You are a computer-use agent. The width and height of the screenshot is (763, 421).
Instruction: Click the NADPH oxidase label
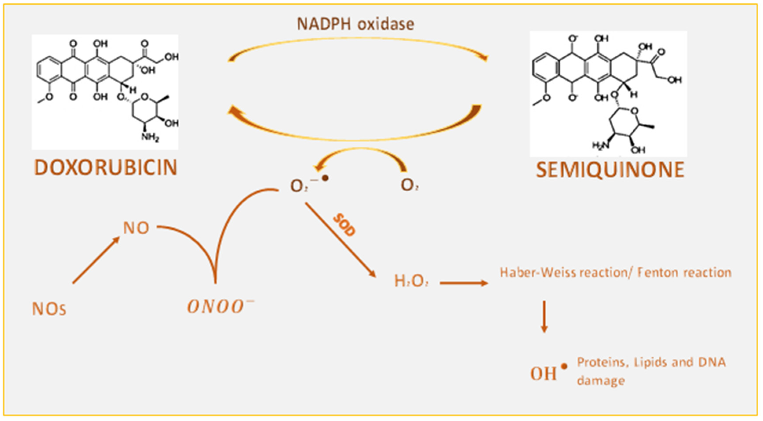pyautogui.click(x=355, y=24)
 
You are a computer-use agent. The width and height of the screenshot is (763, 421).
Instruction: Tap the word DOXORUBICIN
pyautogui.click(x=106, y=168)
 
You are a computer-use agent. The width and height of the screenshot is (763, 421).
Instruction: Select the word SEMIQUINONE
pyautogui.click(x=610, y=170)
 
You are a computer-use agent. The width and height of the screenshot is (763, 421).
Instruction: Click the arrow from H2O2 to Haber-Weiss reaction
pyautogui.click(x=463, y=283)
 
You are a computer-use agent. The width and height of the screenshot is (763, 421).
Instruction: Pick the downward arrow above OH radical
pyautogui.click(x=544, y=317)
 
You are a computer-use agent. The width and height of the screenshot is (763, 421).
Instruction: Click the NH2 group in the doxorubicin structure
pyautogui.click(x=150, y=137)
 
